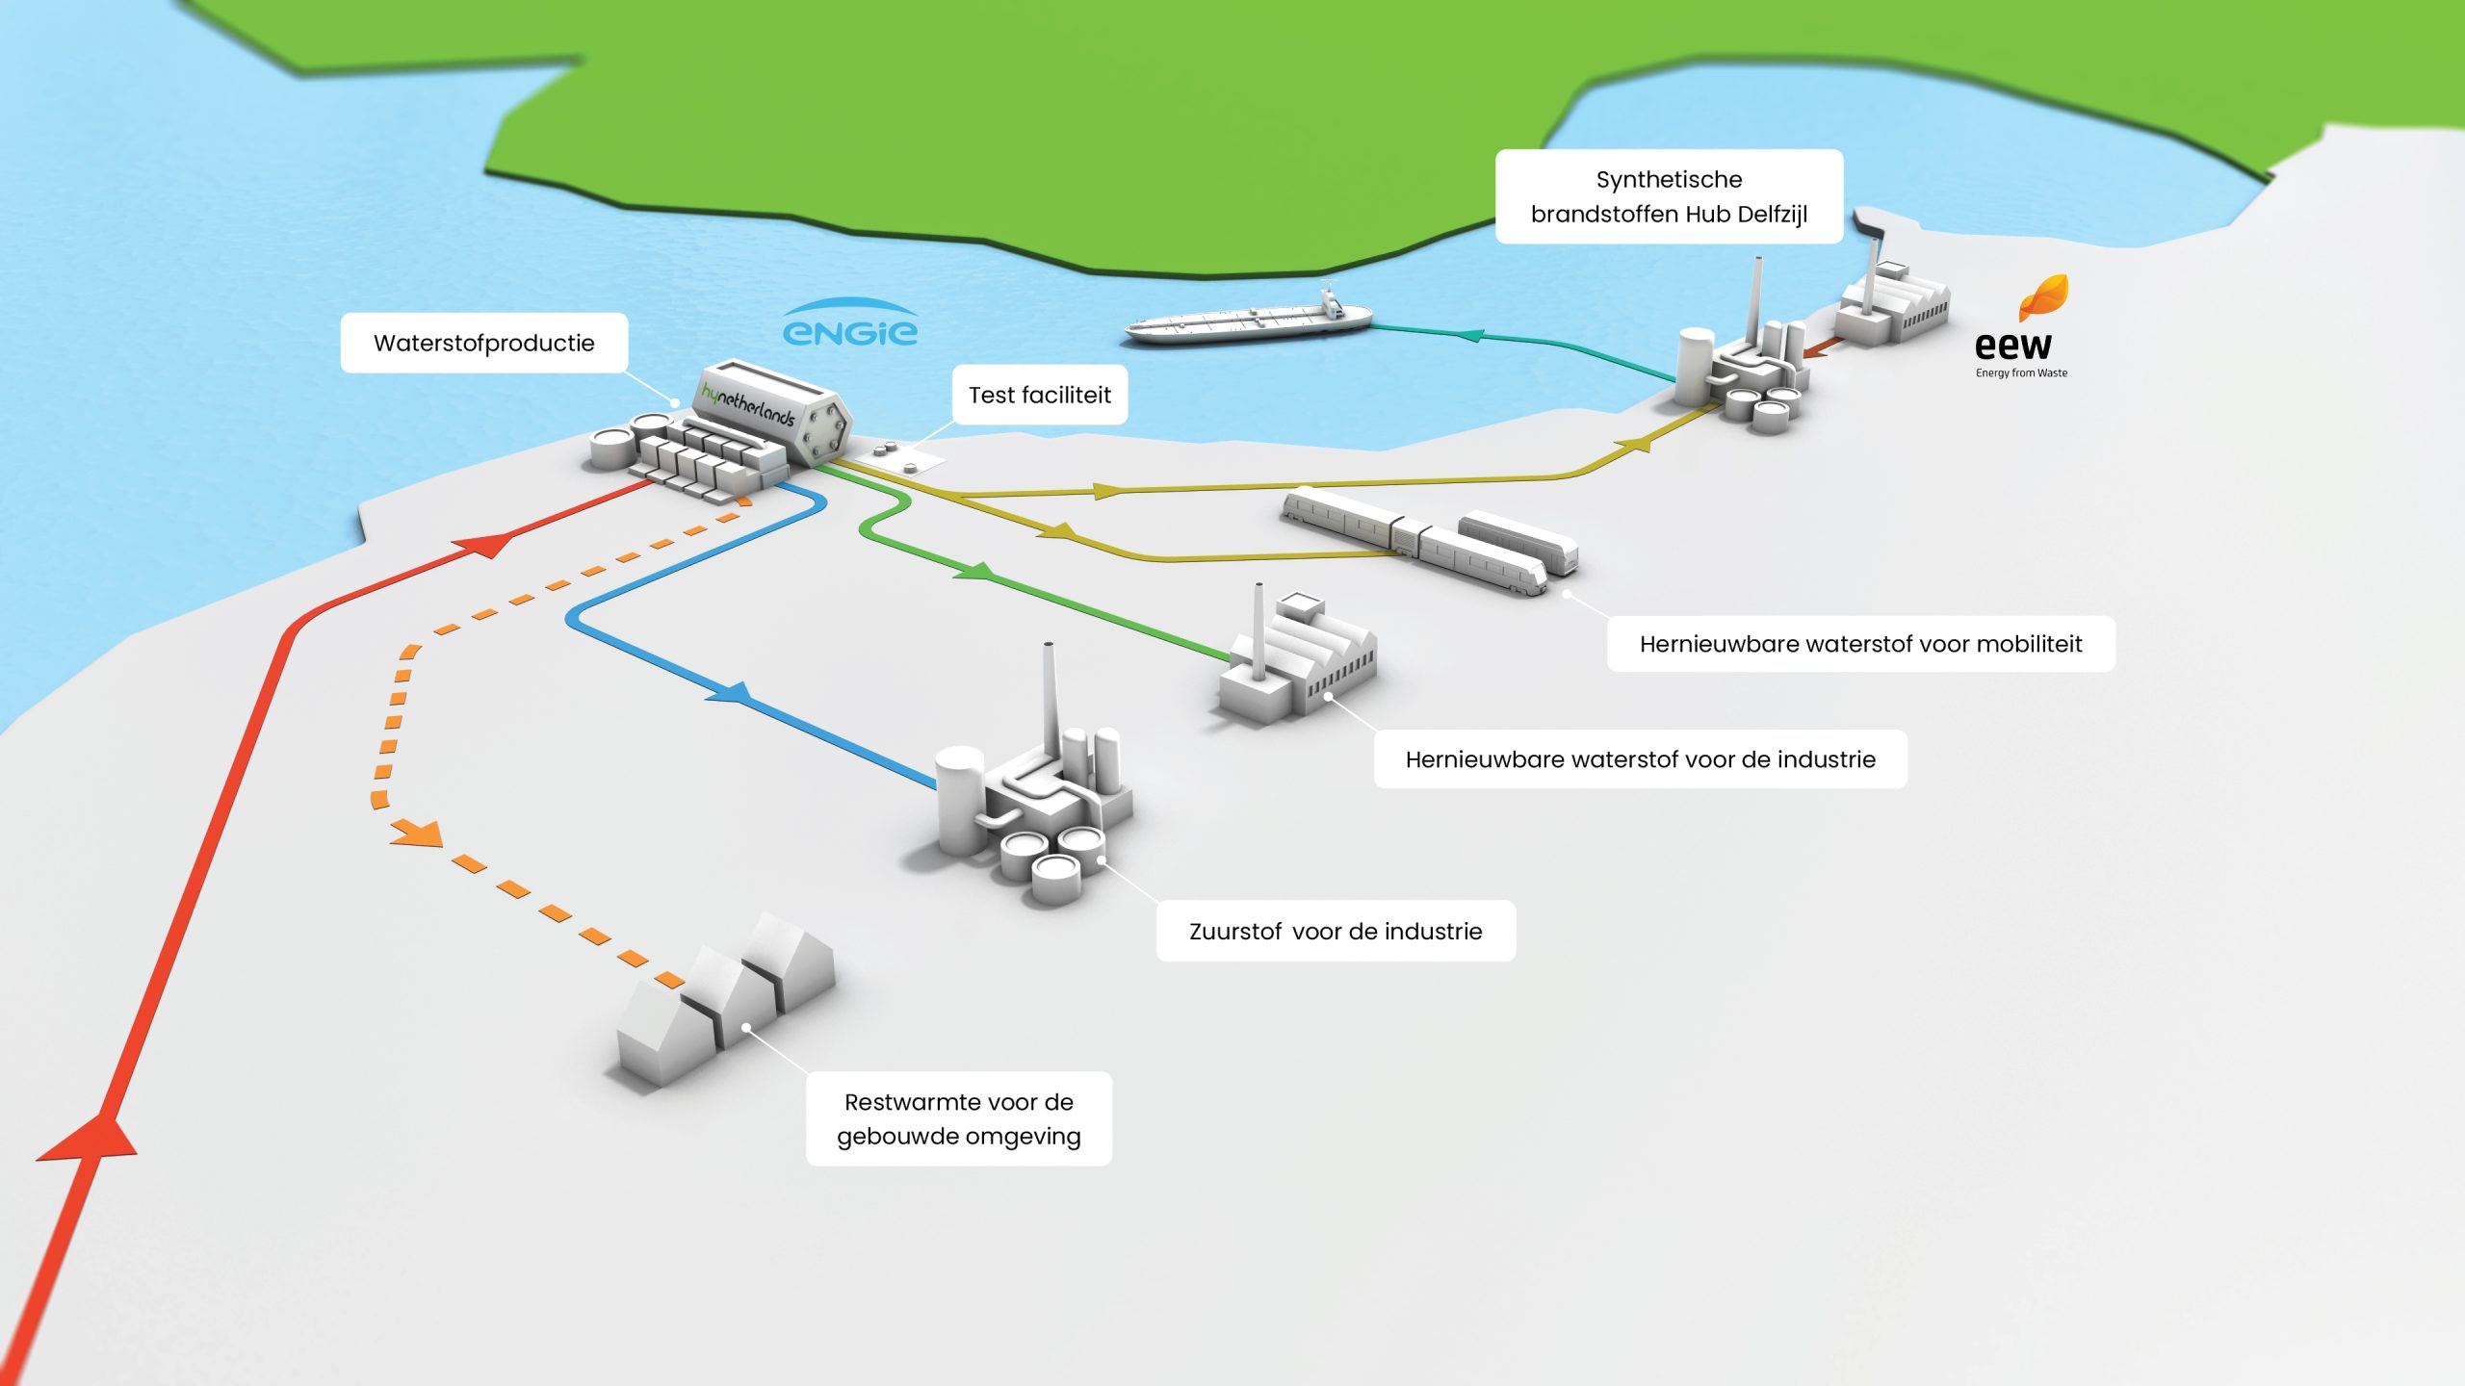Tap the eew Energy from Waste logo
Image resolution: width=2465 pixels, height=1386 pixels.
[x=2021, y=326]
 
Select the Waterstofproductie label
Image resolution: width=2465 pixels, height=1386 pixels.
[x=483, y=343]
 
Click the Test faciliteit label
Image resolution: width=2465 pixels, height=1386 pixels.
[x=1040, y=395]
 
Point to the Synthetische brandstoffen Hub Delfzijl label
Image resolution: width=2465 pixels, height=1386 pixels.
[x=1669, y=196]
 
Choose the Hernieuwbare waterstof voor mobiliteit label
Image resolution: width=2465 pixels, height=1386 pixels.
[x=1860, y=644]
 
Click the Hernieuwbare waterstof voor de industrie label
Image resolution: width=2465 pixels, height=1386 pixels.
[x=1640, y=759]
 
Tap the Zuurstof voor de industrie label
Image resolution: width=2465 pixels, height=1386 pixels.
[x=1336, y=931]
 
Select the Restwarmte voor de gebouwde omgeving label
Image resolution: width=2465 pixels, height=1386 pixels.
[x=958, y=1118]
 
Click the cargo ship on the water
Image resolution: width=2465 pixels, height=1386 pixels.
[x=1249, y=317]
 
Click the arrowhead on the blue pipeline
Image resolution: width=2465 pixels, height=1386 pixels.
[x=730, y=692]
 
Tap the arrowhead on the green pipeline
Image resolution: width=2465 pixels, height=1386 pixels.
[x=974, y=572]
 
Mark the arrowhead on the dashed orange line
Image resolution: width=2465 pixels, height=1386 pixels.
[x=418, y=834]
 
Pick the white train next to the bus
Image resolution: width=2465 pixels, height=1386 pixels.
[x=1414, y=539]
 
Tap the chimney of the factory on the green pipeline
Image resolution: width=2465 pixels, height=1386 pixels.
[x=1258, y=630]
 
